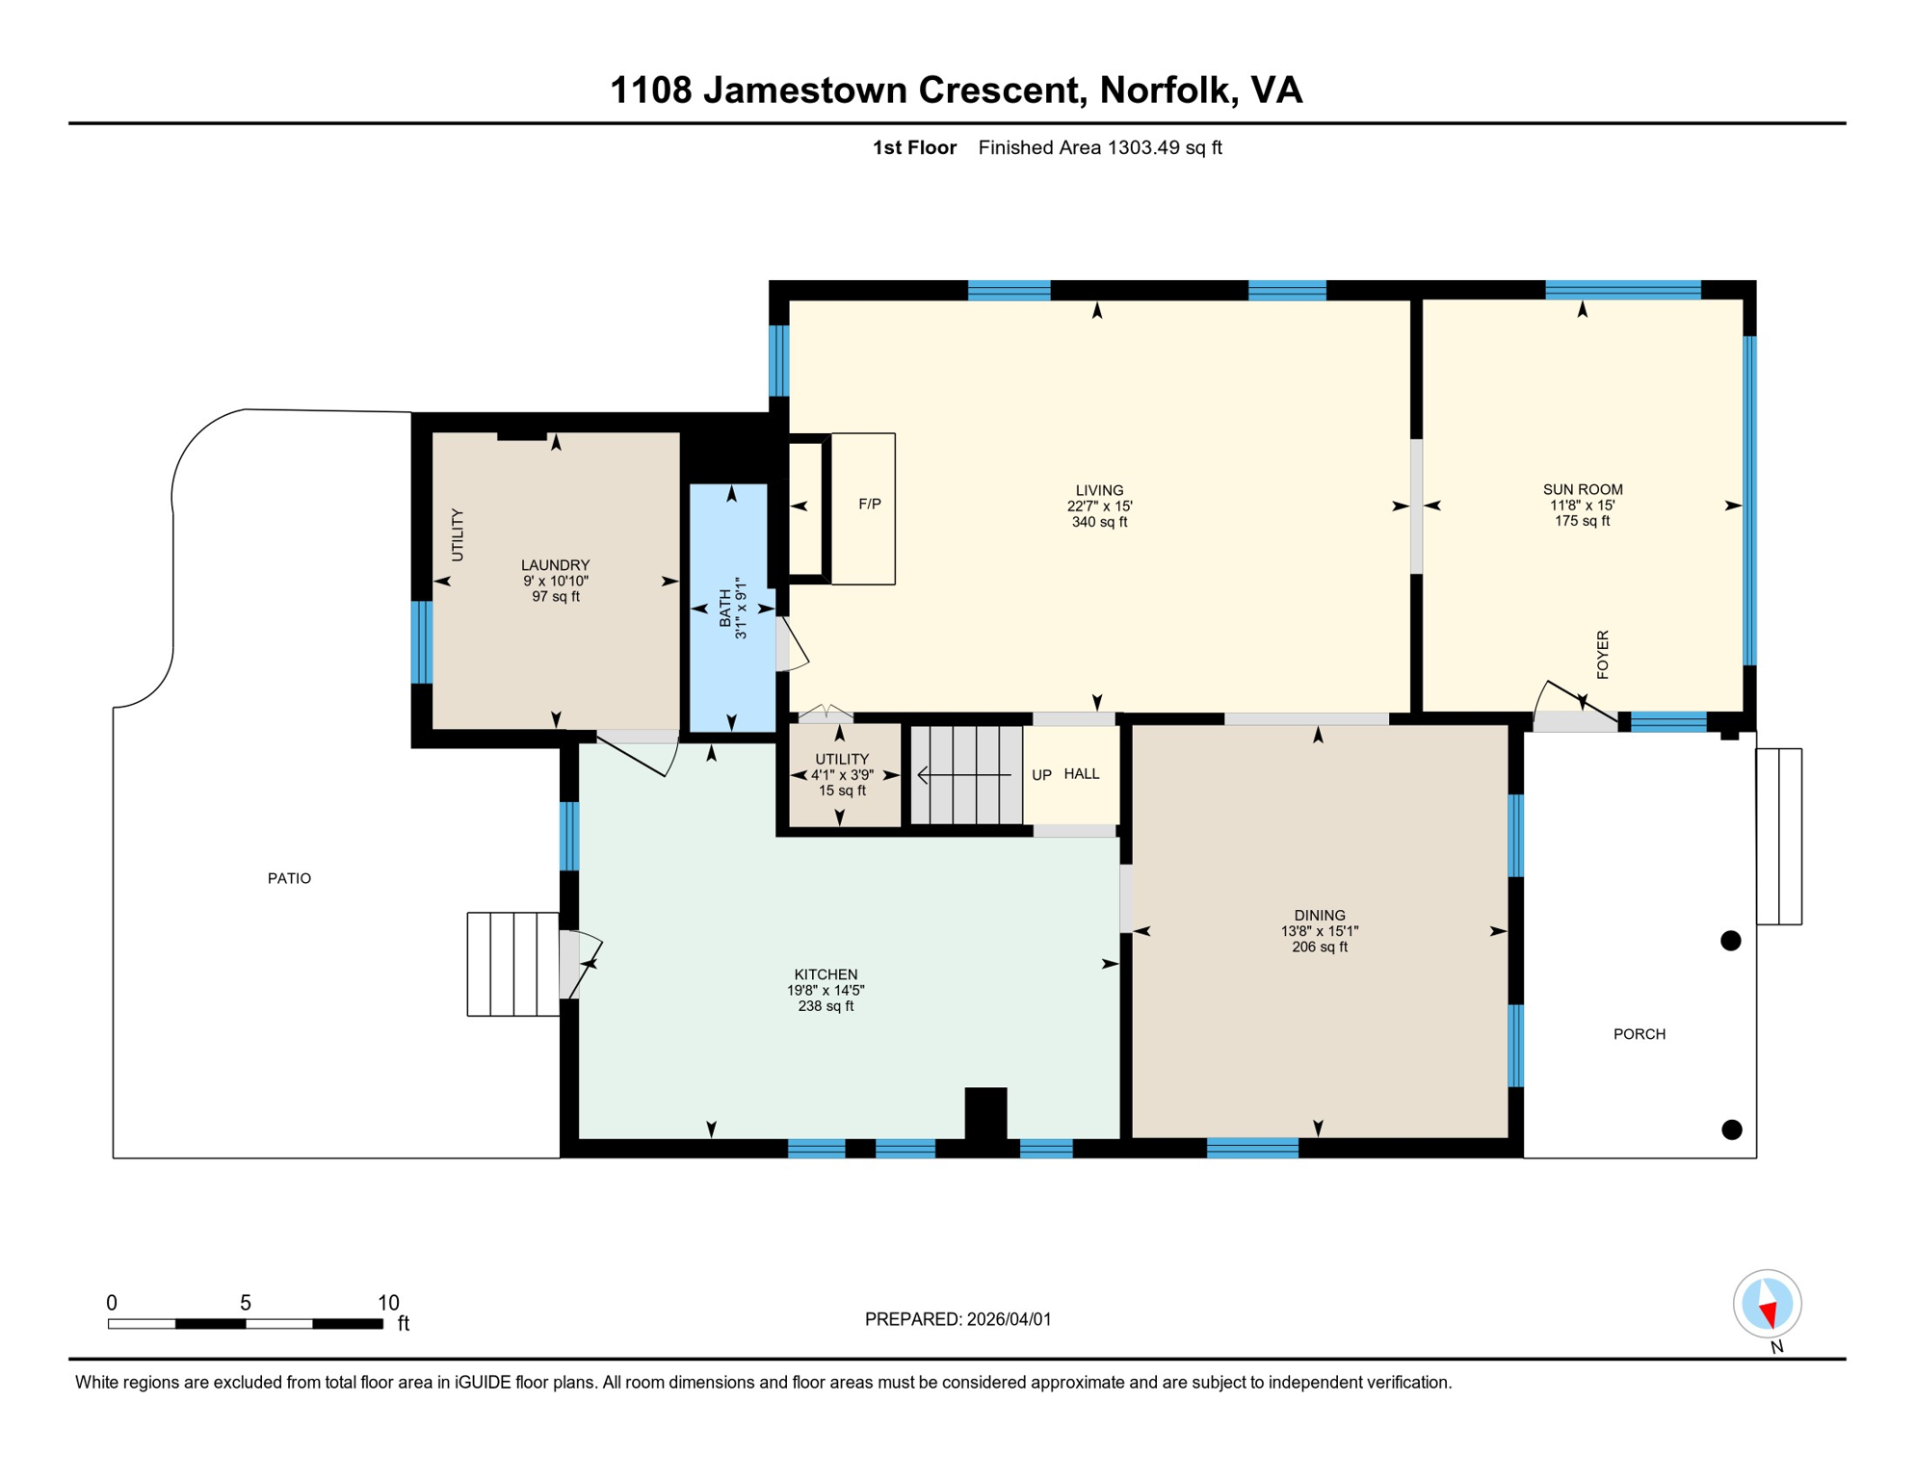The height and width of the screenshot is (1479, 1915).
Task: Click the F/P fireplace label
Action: (869, 504)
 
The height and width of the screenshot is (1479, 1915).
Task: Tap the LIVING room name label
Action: (1099, 490)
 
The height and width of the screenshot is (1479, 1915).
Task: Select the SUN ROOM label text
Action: (1582, 489)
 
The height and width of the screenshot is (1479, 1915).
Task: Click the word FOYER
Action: (1602, 655)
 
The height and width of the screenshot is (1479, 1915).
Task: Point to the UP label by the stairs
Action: (1041, 774)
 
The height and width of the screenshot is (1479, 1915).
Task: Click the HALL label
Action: (1081, 773)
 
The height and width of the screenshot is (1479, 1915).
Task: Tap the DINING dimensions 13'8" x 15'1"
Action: (1319, 931)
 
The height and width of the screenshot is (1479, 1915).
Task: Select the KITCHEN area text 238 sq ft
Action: (826, 1006)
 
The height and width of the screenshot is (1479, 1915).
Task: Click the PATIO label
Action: (289, 878)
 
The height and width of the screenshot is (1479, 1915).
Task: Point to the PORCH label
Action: (1639, 1034)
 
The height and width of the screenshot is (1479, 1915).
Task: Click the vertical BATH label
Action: (725, 609)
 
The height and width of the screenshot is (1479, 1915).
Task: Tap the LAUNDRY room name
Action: (555, 565)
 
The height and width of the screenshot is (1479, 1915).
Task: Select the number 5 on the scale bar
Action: (246, 1303)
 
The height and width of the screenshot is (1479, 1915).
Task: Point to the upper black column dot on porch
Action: (1730, 941)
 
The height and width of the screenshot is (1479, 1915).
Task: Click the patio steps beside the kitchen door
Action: (512, 964)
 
